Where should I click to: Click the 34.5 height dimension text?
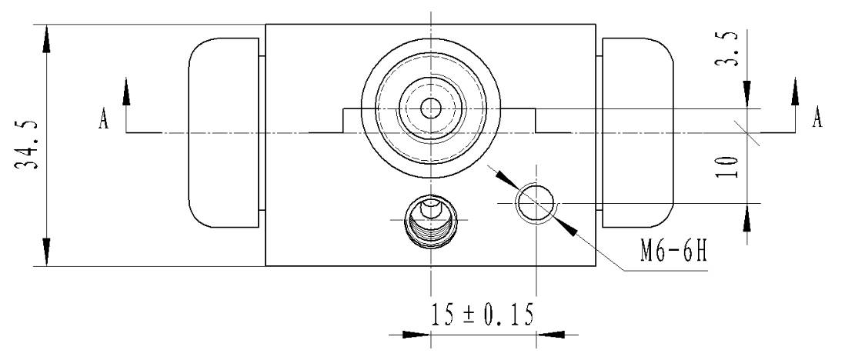pos(28,145)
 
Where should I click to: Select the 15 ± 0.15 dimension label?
pos(482,315)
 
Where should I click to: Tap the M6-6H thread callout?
pos(673,252)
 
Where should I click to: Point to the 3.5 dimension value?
pos(727,49)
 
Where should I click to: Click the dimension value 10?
pos(727,167)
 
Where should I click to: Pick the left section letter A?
pos(103,118)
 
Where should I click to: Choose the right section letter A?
pos(817,117)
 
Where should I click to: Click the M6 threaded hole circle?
pos(536,203)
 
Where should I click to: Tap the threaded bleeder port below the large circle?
pos(431,222)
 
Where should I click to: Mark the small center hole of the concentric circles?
pos(431,108)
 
